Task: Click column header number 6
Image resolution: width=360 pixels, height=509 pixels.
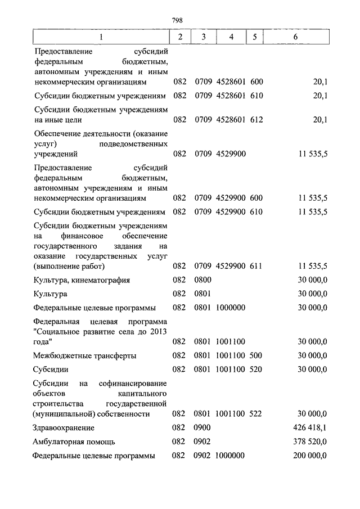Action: coord(295,37)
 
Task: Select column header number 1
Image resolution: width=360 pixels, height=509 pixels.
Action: coord(101,37)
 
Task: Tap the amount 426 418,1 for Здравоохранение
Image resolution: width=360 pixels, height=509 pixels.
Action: coord(310,428)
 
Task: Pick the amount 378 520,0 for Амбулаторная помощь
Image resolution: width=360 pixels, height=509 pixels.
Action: coord(310,442)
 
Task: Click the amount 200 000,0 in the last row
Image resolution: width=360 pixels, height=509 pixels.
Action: coord(310,456)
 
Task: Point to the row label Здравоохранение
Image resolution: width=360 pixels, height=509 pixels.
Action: coord(64,428)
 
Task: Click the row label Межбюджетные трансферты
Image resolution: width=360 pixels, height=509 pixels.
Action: coord(85,355)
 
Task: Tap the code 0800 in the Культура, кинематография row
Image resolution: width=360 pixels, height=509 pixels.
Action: coord(202,280)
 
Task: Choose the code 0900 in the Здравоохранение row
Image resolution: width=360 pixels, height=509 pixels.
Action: coord(202,428)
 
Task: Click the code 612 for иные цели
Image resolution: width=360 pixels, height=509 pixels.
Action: coord(256,119)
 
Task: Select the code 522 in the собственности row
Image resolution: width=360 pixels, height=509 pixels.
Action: coord(256,414)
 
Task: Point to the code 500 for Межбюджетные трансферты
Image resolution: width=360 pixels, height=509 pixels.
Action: coord(256,355)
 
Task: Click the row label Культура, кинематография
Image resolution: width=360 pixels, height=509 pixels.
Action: coord(82,280)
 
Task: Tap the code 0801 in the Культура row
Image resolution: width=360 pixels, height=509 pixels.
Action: coord(202,294)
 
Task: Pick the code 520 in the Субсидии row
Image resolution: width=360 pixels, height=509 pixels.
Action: coord(256,370)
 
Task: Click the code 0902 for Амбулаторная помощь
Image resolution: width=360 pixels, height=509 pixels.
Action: coord(202,442)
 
